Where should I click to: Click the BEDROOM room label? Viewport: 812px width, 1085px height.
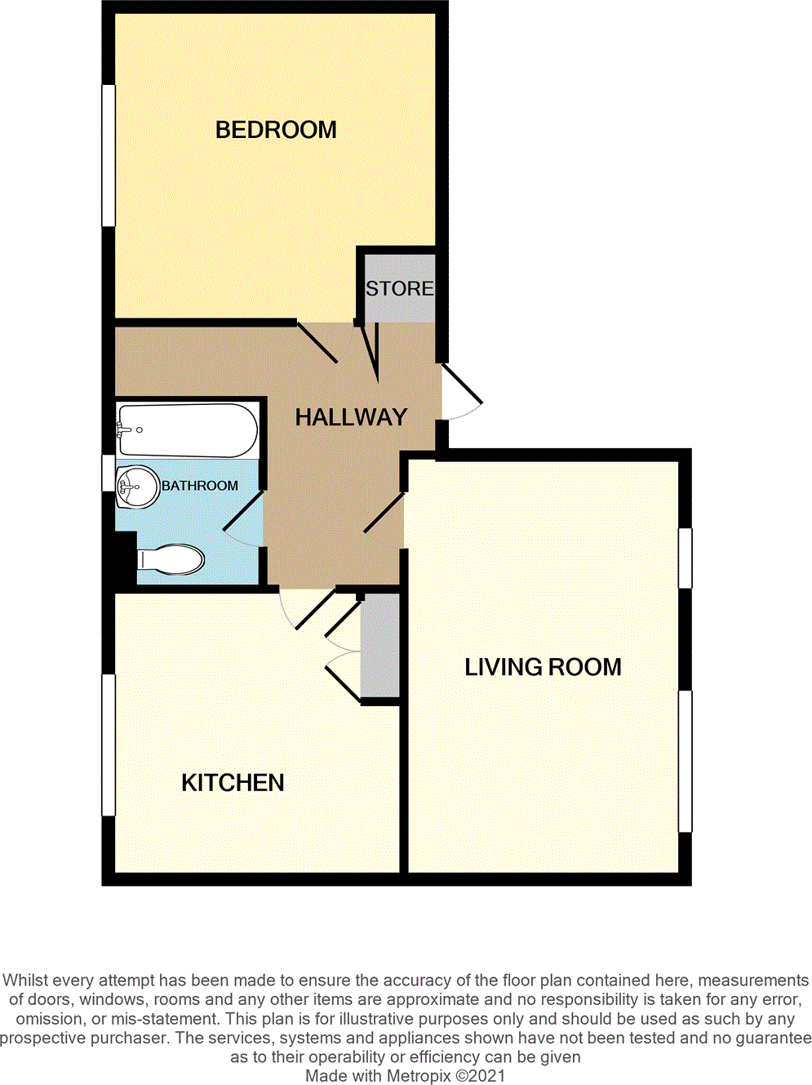(276, 130)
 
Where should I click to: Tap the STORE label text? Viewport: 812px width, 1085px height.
(399, 288)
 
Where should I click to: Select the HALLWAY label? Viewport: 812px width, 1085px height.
(351, 417)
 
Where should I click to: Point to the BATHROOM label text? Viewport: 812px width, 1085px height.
(200, 486)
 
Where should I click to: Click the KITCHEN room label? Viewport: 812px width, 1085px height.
(233, 783)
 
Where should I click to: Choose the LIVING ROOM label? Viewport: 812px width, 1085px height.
(543, 667)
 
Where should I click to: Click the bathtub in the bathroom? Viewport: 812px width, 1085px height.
(188, 429)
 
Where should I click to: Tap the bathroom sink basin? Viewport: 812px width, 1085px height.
(136, 487)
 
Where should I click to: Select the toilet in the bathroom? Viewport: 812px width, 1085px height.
(171, 560)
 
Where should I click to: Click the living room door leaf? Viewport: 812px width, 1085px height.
(384, 513)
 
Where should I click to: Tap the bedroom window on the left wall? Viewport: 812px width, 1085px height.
(108, 155)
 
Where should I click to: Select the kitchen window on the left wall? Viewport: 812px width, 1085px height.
(108, 745)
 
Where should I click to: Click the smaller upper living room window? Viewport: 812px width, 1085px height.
(686, 558)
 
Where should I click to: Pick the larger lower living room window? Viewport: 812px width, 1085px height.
(686, 761)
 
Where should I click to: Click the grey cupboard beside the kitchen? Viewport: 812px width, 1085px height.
(380, 645)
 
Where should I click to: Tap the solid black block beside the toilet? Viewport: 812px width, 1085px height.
(125, 558)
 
